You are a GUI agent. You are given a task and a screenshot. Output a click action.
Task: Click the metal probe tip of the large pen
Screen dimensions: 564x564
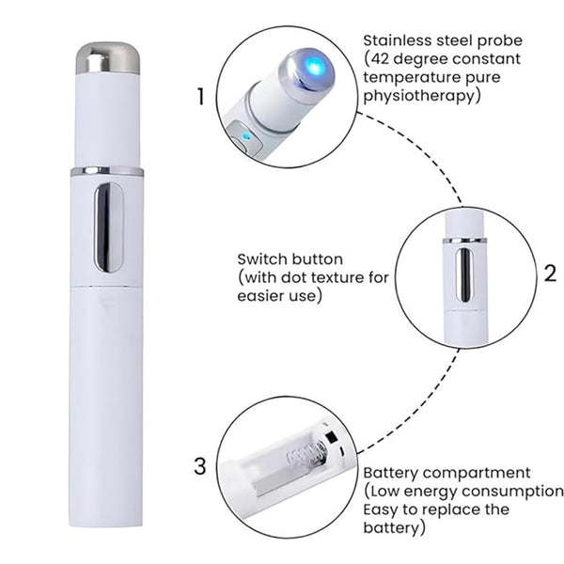tap(107, 57)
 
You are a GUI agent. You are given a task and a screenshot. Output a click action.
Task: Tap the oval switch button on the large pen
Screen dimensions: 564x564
tap(109, 227)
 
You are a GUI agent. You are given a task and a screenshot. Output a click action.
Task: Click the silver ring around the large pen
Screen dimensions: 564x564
tap(107, 171)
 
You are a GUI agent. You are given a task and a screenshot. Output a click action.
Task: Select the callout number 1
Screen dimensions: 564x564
tap(201, 97)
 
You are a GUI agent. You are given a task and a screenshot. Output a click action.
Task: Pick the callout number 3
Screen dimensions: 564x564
tap(200, 466)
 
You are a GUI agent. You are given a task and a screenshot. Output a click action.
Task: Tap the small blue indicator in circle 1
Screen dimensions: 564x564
tap(245, 136)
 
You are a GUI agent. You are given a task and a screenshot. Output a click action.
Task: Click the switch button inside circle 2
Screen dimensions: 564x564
tap(464, 274)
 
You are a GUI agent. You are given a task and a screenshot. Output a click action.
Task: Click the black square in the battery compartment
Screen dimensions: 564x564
tap(331, 437)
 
